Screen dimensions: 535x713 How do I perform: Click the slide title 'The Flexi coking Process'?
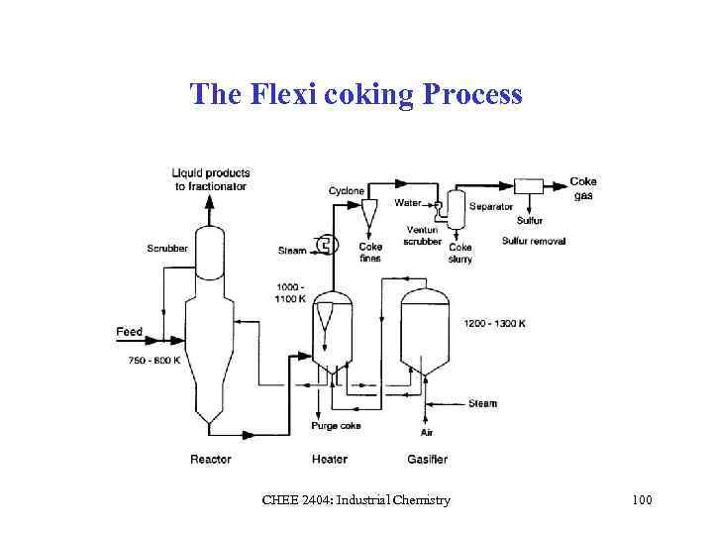point(356,94)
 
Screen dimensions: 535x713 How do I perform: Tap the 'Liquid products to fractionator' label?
point(211,179)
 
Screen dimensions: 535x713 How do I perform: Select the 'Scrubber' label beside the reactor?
point(167,248)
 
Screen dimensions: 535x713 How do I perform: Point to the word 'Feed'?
point(130,332)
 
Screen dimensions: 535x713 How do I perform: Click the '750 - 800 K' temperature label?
point(154,360)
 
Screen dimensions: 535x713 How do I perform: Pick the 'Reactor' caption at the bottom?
point(211,459)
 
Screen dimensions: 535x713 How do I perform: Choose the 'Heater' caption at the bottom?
point(329,459)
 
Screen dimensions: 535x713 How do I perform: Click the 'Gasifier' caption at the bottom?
point(427,459)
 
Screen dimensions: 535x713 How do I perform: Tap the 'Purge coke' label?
point(336,426)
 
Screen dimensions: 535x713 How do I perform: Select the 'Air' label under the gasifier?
point(427,433)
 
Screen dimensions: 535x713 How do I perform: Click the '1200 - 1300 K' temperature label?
point(494,324)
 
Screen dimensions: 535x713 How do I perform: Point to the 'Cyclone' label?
point(347,190)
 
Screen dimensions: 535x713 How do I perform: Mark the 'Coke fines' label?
point(370,253)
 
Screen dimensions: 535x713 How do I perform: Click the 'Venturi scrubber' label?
point(423,236)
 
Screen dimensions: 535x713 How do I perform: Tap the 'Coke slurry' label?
point(460,253)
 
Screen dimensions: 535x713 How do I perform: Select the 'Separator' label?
point(491,207)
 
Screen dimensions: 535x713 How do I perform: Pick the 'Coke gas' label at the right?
point(583,188)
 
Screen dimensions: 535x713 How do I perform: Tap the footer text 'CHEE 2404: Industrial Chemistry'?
point(356,500)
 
